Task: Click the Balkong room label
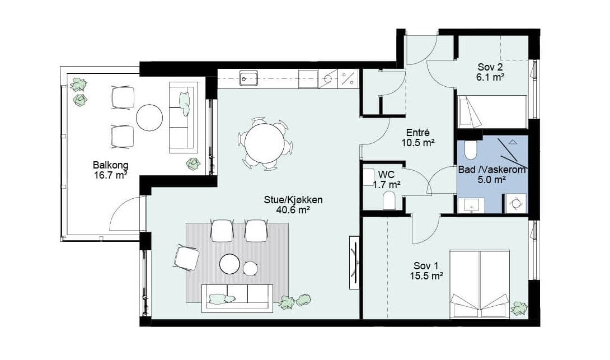click(x=110, y=165)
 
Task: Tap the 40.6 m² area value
click(x=293, y=210)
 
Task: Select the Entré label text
click(x=418, y=132)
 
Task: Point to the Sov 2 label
click(x=490, y=67)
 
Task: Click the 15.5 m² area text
click(x=427, y=276)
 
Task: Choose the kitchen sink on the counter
click(x=248, y=78)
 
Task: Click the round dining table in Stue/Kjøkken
click(x=265, y=143)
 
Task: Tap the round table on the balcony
click(x=149, y=118)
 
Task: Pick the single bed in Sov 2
click(x=492, y=112)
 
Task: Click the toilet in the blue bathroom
click(x=470, y=150)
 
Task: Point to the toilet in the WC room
click(x=389, y=200)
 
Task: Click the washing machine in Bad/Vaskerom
click(x=516, y=204)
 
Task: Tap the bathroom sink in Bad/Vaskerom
click(x=471, y=205)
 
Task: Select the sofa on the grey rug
click(x=237, y=298)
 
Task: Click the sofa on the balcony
click(x=184, y=118)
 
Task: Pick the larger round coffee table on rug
click(x=229, y=264)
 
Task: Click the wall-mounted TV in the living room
click(x=354, y=263)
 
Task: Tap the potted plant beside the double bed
click(x=519, y=308)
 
